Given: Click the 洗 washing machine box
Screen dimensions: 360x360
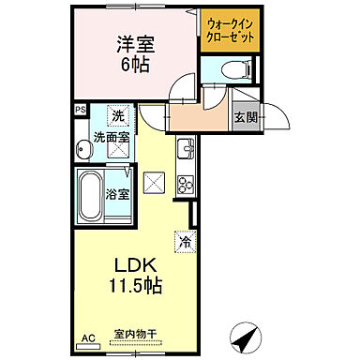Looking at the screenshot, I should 118,116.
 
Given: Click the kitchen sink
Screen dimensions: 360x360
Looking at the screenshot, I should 185,149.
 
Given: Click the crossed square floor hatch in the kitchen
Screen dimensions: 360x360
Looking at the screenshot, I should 154,182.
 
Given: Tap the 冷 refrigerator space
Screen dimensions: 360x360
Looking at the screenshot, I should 185,240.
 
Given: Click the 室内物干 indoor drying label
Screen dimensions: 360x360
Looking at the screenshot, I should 134,334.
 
